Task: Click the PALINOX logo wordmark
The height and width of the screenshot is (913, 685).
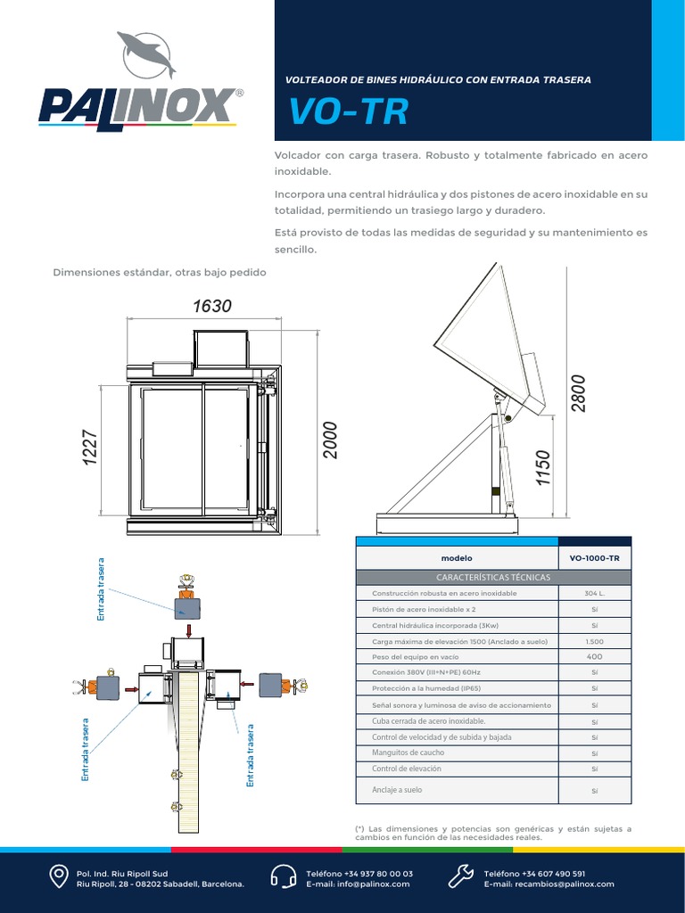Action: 138,105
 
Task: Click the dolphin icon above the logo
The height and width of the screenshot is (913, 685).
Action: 147,54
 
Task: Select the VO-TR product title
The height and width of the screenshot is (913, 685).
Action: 348,112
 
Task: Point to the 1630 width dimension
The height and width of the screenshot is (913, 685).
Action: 211,306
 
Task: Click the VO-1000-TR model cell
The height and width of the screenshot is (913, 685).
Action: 594,558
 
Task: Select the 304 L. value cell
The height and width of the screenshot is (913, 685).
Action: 594,594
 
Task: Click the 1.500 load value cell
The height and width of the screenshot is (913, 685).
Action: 594,642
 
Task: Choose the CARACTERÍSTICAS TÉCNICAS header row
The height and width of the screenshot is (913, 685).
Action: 494,577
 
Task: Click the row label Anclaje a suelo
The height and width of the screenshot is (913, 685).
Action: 397,790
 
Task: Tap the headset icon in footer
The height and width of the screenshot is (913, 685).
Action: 283,877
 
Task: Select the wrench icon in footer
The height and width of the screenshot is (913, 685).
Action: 460,877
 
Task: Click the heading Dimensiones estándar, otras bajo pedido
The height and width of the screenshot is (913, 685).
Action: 161,272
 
